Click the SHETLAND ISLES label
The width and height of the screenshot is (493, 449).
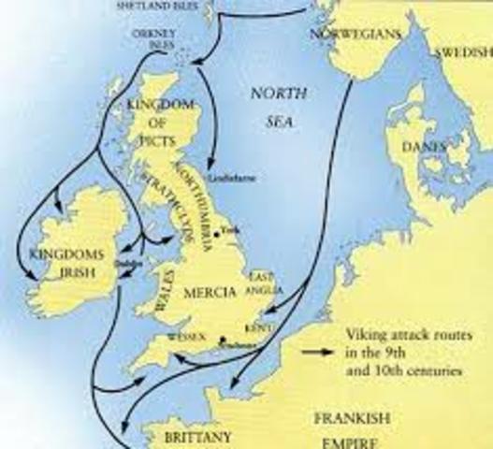[x=165, y=6]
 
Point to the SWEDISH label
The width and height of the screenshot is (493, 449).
[x=461, y=52]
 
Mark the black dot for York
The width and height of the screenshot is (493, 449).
[x=216, y=231]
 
